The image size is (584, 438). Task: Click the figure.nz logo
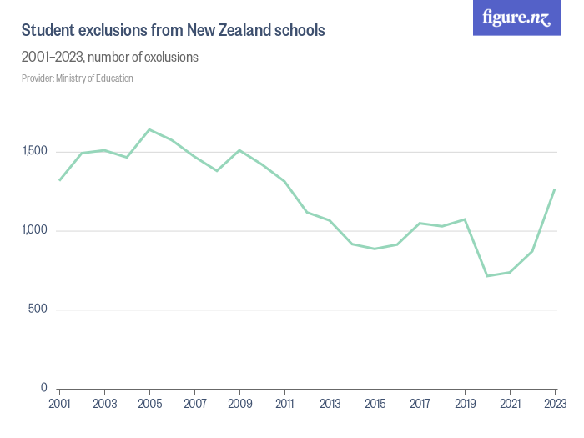(x=516, y=18)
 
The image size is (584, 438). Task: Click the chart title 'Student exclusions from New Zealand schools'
(x=173, y=30)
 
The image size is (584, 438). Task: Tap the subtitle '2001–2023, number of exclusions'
(x=109, y=58)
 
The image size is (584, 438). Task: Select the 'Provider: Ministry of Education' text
(x=78, y=78)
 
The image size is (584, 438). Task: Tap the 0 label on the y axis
(x=44, y=388)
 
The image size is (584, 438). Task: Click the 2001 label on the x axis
(x=59, y=404)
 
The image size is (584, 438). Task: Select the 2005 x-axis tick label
(x=149, y=404)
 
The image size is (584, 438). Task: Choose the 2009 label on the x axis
(x=239, y=404)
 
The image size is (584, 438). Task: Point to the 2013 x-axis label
(x=330, y=404)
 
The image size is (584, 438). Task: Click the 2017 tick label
(x=420, y=404)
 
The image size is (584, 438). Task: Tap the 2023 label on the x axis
(x=555, y=404)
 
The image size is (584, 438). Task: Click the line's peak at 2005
(x=149, y=129)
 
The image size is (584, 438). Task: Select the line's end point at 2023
(x=555, y=189)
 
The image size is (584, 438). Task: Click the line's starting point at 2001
(x=59, y=180)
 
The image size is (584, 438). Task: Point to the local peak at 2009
(x=239, y=150)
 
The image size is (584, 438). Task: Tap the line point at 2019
(x=465, y=219)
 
